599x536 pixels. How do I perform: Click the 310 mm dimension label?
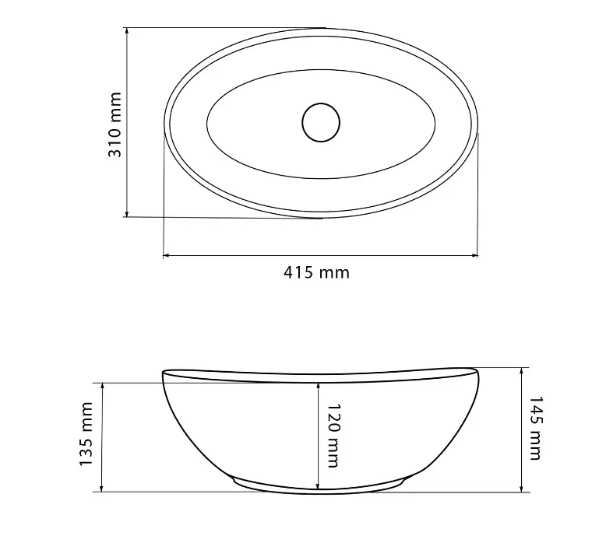115,124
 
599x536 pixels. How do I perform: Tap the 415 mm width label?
316,273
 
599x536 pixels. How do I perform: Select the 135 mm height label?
86,434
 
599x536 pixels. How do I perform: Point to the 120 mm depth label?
333,436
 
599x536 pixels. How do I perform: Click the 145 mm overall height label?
535,428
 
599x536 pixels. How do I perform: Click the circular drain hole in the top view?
321,122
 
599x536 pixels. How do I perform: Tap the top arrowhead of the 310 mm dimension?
127,31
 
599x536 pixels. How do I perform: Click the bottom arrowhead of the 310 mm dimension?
127,213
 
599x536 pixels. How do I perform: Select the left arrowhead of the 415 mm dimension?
167,255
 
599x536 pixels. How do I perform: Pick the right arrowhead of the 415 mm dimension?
474,255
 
